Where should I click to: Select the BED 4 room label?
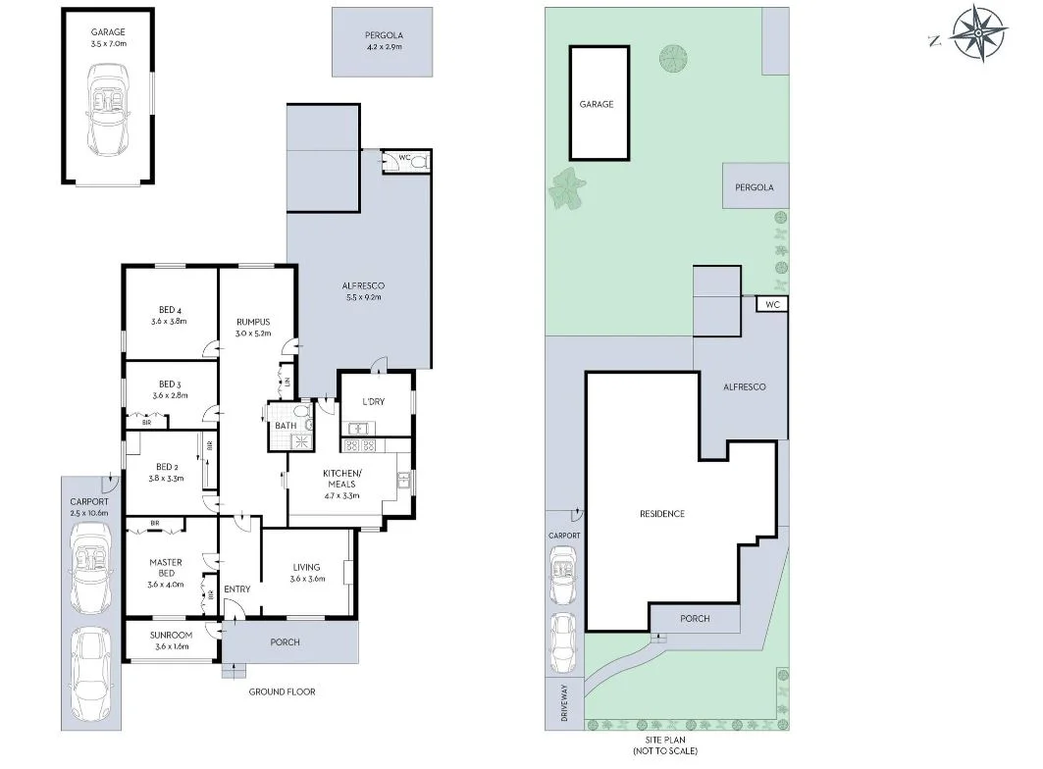tap(169, 315)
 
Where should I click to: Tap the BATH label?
tap(285, 426)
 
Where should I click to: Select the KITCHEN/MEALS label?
tap(342, 480)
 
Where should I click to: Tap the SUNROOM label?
tap(170, 635)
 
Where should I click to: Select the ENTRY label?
tap(236, 590)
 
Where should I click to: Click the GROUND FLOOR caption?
tap(283, 692)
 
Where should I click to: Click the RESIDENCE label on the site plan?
tap(661, 514)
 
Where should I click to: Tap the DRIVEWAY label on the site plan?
tap(565, 703)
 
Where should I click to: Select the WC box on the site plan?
tap(771, 305)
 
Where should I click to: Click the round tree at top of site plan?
tap(674, 56)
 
